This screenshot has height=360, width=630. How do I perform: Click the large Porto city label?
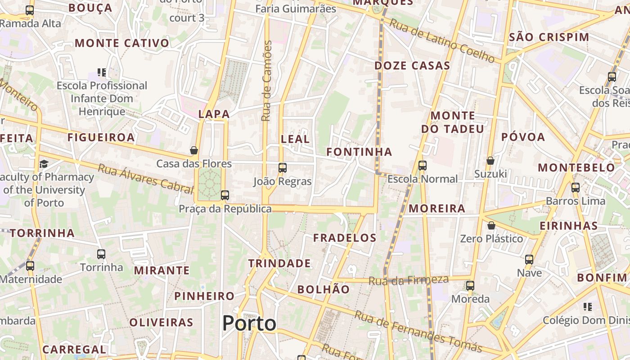(249, 323)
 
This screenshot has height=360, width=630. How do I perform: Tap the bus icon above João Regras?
(283, 168)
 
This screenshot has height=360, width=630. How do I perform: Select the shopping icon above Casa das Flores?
(194, 150)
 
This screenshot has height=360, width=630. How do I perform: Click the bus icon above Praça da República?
(225, 195)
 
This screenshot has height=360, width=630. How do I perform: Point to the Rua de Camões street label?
(267, 81)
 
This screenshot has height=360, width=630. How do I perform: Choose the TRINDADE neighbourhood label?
(279, 263)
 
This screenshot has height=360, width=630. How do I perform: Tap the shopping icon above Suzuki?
(490, 161)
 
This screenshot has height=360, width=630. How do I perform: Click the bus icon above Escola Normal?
(422, 166)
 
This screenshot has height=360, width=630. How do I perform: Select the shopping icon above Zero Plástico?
(491, 225)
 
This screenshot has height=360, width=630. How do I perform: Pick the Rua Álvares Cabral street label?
(145, 179)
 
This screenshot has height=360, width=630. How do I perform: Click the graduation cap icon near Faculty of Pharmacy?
(44, 164)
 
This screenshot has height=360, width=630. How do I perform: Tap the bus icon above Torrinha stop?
(101, 254)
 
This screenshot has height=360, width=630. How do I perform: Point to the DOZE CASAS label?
(412, 66)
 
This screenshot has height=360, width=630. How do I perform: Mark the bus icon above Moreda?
(470, 286)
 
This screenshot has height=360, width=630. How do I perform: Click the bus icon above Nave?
(529, 260)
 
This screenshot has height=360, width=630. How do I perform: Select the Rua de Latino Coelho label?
(442, 40)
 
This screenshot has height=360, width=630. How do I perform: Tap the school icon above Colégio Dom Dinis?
(588, 307)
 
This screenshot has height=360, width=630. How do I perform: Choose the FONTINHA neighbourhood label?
(359, 152)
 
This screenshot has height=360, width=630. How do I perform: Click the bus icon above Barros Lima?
(576, 188)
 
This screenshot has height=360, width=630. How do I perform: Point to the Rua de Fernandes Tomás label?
(418, 331)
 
